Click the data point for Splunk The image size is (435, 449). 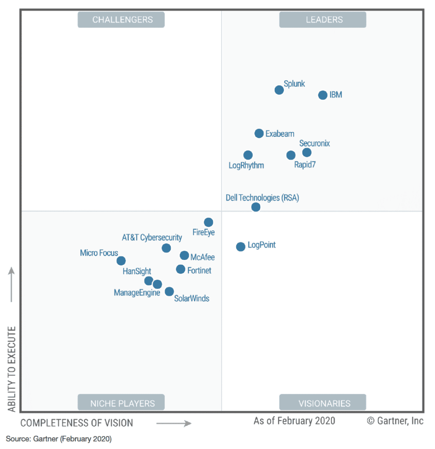(279, 90)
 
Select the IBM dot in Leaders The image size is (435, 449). (323, 95)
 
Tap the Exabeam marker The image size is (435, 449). (259, 133)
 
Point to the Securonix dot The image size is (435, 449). (307, 153)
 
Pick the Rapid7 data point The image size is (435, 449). (291, 155)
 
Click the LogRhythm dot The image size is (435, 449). (248, 155)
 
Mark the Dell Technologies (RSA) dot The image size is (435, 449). (256, 207)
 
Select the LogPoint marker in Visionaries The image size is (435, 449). (241, 247)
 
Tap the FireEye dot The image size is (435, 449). (209, 222)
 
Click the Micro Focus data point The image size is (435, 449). (121, 261)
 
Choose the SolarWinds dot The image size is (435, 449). (169, 292)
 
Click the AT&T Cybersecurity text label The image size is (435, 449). (152, 238)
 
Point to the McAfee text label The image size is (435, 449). (203, 257)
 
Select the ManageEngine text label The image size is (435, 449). (137, 293)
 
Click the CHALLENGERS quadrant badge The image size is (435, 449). (121, 20)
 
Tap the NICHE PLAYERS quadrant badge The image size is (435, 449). (121, 403)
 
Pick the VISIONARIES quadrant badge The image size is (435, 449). (323, 403)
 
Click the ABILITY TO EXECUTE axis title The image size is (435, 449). (12, 368)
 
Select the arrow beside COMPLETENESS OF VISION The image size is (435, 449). (174, 423)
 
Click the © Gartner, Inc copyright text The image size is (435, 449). (395, 421)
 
